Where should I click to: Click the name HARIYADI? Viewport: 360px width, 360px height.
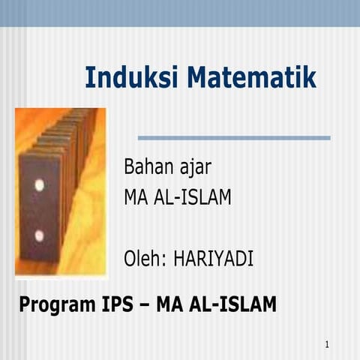click(214, 259)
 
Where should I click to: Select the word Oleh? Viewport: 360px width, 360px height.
click(145, 259)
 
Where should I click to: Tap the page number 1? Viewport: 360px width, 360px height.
click(328, 344)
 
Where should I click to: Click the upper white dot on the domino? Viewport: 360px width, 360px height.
click(39, 184)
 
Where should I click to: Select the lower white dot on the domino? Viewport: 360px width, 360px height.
click(39, 235)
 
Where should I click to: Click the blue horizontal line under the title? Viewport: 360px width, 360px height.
click(234, 138)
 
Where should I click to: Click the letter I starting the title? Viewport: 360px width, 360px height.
click(89, 77)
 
